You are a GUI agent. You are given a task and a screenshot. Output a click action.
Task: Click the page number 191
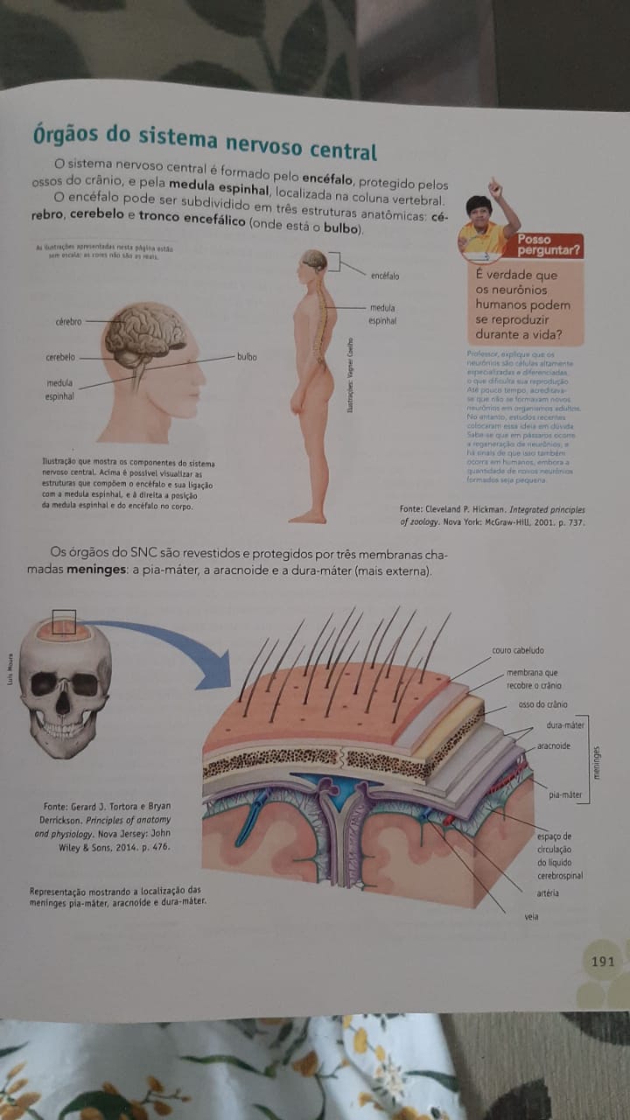pos(603,962)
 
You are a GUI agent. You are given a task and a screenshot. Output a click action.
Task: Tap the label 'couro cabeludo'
pos(519,651)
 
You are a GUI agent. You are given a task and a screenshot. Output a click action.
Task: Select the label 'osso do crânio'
pos(542,704)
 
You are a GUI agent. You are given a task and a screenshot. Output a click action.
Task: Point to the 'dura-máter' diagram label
pos(565,725)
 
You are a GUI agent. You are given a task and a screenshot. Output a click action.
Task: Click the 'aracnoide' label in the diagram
pos(554,746)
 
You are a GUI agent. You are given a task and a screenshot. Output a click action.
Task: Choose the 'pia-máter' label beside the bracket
pos(565,795)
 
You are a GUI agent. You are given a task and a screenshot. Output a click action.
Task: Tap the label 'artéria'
pos(548,893)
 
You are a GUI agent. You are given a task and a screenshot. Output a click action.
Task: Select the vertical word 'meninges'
pos(597,761)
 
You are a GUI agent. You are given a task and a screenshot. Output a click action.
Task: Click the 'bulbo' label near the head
pos(247,357)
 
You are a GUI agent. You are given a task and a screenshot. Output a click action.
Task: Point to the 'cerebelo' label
pos(60,357)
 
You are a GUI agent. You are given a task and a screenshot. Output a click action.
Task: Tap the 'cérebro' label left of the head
pos(67,322)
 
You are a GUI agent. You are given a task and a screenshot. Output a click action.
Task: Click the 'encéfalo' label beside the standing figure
pos(384,276)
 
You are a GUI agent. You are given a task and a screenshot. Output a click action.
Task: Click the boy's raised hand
pos(494,186)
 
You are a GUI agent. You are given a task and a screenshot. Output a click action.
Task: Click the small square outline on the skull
pos(64,622)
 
